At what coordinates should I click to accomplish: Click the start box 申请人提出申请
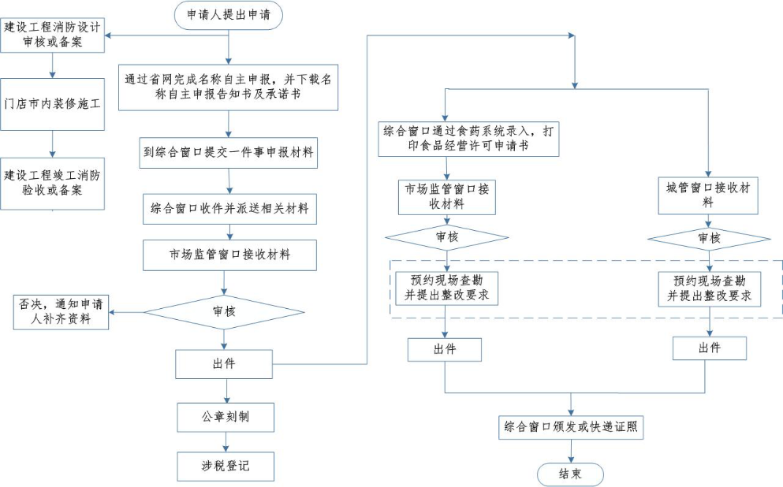(x=229, y=15)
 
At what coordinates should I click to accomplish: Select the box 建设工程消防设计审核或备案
(x=52, y=35)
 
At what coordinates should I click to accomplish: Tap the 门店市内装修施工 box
(x=52, y=104)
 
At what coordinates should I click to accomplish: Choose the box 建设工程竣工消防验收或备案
(x=52, y=183)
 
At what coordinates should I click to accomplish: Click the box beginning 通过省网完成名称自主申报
(x=229, y=86)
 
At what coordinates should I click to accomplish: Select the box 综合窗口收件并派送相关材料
(x=229, y=210)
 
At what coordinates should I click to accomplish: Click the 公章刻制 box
(x=226, y=416)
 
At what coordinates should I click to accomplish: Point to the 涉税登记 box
(x=226, y=466)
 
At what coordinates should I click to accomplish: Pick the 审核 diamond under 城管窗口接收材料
(x=708, y=237)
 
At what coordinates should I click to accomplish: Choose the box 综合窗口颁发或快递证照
(x=572, y=428)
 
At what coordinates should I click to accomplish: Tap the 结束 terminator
(x=571, y=474)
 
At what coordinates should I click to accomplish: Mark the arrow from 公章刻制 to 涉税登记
(x=226, y=441)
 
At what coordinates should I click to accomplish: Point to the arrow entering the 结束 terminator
(x=572, y=452)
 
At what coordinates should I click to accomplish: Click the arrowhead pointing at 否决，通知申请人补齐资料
(x=113, y=311)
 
